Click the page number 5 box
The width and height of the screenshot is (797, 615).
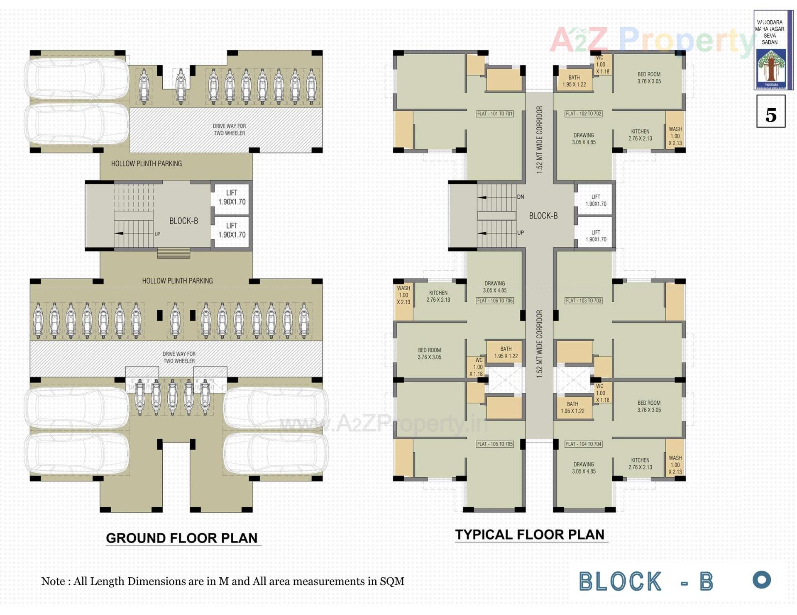click(770, 111)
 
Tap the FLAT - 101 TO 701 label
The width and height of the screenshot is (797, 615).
click(494, 114)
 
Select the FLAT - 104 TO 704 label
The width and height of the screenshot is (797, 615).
click(583, 444)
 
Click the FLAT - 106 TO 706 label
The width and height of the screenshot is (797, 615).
click(494, 300)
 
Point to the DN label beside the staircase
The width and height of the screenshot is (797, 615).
click(520, 197)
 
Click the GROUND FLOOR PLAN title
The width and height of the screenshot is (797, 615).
click(182, 538)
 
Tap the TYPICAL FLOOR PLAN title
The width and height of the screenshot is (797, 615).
click(530, 535)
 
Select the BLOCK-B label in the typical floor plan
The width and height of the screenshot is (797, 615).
click(543, 216)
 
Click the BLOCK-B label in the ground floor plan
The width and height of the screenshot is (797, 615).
click(183, 221)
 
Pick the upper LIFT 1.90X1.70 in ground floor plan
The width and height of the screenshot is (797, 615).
click(232, 197)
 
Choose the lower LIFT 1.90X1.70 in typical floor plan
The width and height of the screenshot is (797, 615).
click(596, 236)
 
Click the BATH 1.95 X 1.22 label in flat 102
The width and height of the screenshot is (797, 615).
click(574, 81)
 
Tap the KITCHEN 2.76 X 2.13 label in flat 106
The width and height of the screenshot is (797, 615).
click(438, 296)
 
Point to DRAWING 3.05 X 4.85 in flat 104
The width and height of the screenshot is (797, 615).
click(584, 468)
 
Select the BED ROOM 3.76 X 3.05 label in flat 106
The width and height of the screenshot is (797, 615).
click(429, 353)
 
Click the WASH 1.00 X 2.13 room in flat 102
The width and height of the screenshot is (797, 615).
click(675, 136)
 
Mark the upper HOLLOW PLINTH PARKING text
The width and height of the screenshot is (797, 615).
click(146, 164)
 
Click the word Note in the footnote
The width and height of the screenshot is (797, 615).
click(53, 581)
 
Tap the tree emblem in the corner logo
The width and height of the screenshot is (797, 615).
click(771, 66)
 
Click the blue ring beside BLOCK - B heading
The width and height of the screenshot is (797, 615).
click(761, 580)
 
